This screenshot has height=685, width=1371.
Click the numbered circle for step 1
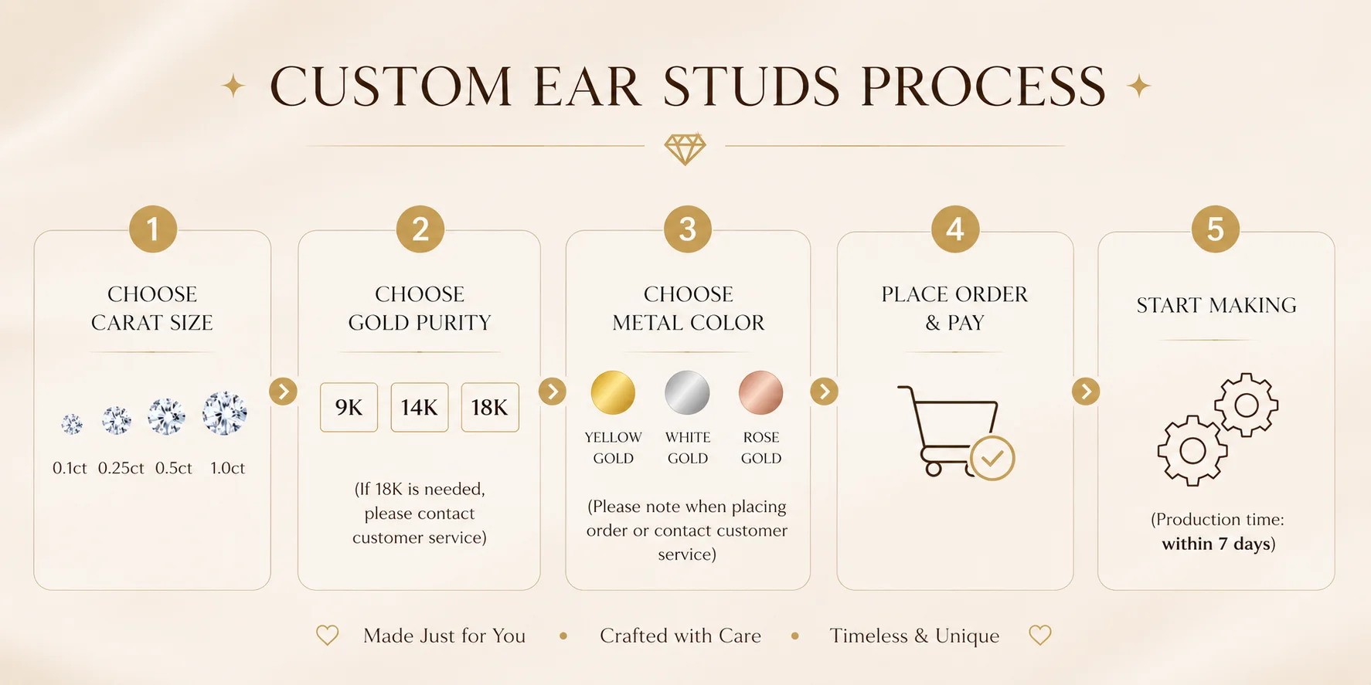pos(153,229)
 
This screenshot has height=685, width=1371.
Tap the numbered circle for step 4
pos(955,229)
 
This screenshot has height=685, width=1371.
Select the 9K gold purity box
pos(349,407)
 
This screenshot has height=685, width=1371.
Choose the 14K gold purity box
pos(420,407)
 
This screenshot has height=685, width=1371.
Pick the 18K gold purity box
pos(490,407)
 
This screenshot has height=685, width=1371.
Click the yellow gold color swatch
pos(613,392)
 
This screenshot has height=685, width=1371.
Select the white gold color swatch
pos(687,392)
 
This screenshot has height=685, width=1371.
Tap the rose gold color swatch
pos(761,392)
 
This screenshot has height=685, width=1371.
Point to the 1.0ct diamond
pos(225,413)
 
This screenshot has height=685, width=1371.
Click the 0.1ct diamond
pos(72,423)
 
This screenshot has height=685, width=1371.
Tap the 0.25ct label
pos(121,468)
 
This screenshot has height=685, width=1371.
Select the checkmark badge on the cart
pos(992,458)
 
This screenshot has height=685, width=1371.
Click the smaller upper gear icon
pos(1246,405)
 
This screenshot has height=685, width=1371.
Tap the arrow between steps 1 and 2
pos(284,392)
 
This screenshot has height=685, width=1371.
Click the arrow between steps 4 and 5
pos(1086,392)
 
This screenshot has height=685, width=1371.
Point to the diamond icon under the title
pos(685,148)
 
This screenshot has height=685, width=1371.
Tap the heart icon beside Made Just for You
pos(328,636)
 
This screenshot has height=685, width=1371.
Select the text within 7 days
pos(1216,544)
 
